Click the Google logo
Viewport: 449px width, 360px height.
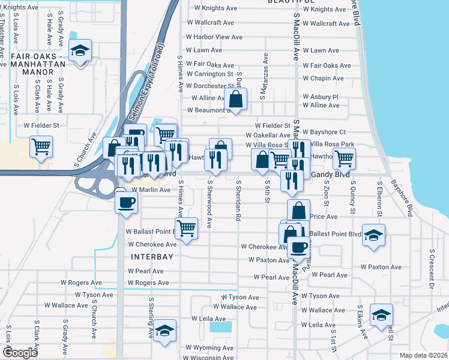pos(20,353)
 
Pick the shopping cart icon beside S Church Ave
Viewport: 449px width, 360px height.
pos(41,146)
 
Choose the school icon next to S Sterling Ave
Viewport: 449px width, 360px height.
pos(164,331)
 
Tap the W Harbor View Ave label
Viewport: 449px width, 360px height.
pos(214,37)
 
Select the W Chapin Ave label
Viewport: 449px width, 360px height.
pos(323,79)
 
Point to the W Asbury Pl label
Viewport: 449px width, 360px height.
pos(321,97)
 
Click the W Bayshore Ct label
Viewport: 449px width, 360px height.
pos(324,131)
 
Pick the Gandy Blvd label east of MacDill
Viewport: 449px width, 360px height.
pos(324,174)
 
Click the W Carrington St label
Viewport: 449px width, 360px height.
pos(209,74)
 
